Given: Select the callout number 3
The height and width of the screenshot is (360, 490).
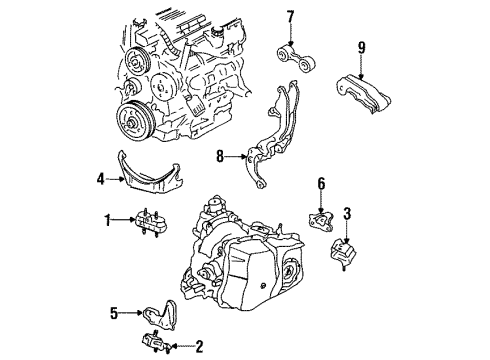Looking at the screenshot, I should [347, 212].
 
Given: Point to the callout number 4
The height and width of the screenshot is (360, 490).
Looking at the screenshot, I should [101, 180].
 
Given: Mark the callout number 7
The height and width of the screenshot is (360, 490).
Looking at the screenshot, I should [291, 16].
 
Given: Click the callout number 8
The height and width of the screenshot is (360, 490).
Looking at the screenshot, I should [220, 156].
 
